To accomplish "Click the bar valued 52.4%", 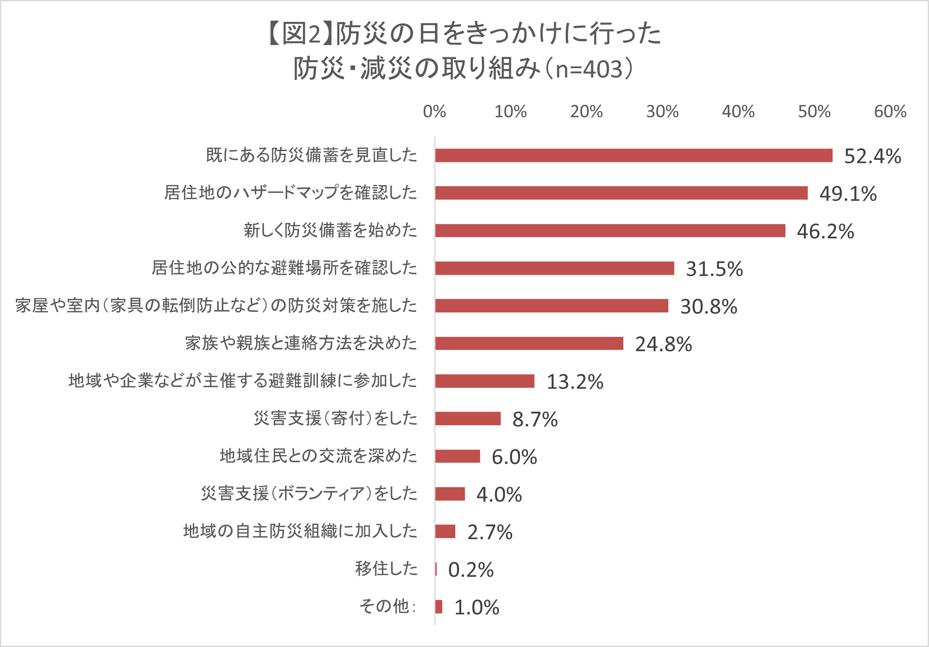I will pyautogui.click(x=634, y=155).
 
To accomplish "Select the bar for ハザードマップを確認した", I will pyautogui.click(x=622, y=193).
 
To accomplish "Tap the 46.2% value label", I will pyautogui.click(x=825, y=232).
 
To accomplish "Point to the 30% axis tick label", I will pyautogui.click(x=662, y=112).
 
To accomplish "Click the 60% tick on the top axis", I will pyautogui.click(x=890, y=112).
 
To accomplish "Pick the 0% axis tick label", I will pyautogui.click(x=434, y=112).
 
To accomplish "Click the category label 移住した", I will pyautogui.click(x=386, y=569).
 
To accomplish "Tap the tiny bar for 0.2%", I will pyautogui.click(x=436, y=569).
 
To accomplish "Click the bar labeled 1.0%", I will pyautogui.click(x=439, y=607).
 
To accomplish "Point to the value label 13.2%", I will pyautogui.click(x=574, y=382).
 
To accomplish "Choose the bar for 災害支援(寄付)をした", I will pyautogui.click(x=468, y=418).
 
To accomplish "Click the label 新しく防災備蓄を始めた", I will pyautogui.click(x=330, y=230).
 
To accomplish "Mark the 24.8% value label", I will pyautogui.click(x=663, y=344).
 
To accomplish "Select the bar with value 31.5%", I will pyautogui.click(x=555, y=268).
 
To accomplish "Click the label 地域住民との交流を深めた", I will pyautogui.click(x=318, y=456).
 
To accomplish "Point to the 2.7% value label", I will pyautogui.click(x=490, y=532).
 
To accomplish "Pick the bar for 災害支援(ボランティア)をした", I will pyautogui.click(x=450, y=494).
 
